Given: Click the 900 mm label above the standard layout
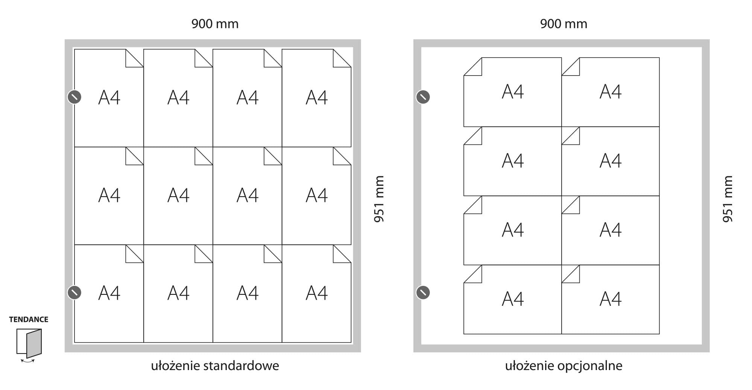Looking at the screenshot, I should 215,24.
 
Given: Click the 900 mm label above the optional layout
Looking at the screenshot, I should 563,24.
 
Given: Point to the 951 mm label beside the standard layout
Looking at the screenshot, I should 379,199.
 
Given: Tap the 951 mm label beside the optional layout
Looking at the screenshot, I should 728,199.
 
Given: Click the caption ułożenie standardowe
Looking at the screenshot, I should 215,366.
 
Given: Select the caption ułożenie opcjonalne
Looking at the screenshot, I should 563,366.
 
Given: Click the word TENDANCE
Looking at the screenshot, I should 29,319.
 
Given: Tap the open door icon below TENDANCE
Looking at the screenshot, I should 29,344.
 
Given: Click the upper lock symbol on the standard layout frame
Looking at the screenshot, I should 74,97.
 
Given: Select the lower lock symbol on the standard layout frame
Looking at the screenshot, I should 74,292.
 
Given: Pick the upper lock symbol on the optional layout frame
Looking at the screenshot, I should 423,97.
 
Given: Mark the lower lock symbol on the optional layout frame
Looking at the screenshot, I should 423,292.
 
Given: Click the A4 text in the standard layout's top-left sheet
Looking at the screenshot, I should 109,97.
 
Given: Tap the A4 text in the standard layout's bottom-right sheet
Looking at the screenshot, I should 317,293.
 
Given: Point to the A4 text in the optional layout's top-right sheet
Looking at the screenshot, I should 610,91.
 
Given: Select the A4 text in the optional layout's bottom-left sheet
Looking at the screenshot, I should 512,299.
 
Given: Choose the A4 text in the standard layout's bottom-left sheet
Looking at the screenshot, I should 109,293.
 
